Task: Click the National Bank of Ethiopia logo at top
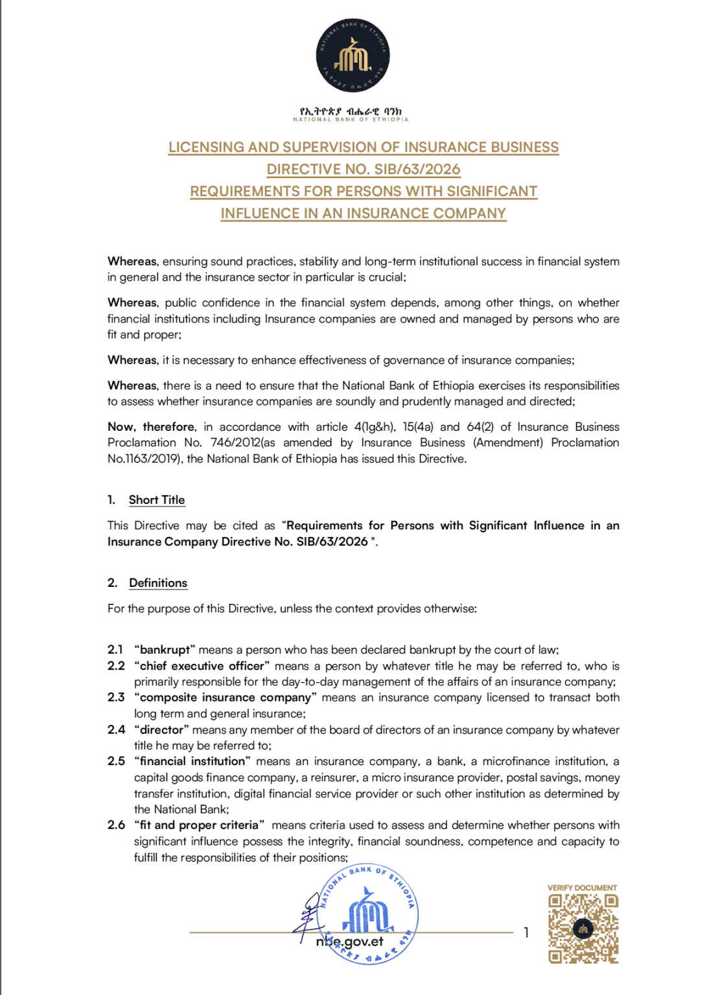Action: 352,56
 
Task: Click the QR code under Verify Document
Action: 583,929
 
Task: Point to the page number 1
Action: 526,932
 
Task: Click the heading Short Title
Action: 157,500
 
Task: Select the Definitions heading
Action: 158,583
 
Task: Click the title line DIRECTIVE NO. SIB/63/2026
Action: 364,169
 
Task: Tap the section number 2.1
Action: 115,650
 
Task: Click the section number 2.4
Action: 116,729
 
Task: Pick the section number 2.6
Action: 116,825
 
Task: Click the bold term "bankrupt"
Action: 165,650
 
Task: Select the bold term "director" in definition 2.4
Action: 162,729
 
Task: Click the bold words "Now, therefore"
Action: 152,427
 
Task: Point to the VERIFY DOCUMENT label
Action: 582,888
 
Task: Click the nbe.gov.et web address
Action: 350,942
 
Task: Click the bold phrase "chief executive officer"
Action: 202,666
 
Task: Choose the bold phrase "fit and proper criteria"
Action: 200,825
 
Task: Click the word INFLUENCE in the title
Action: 263,213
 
